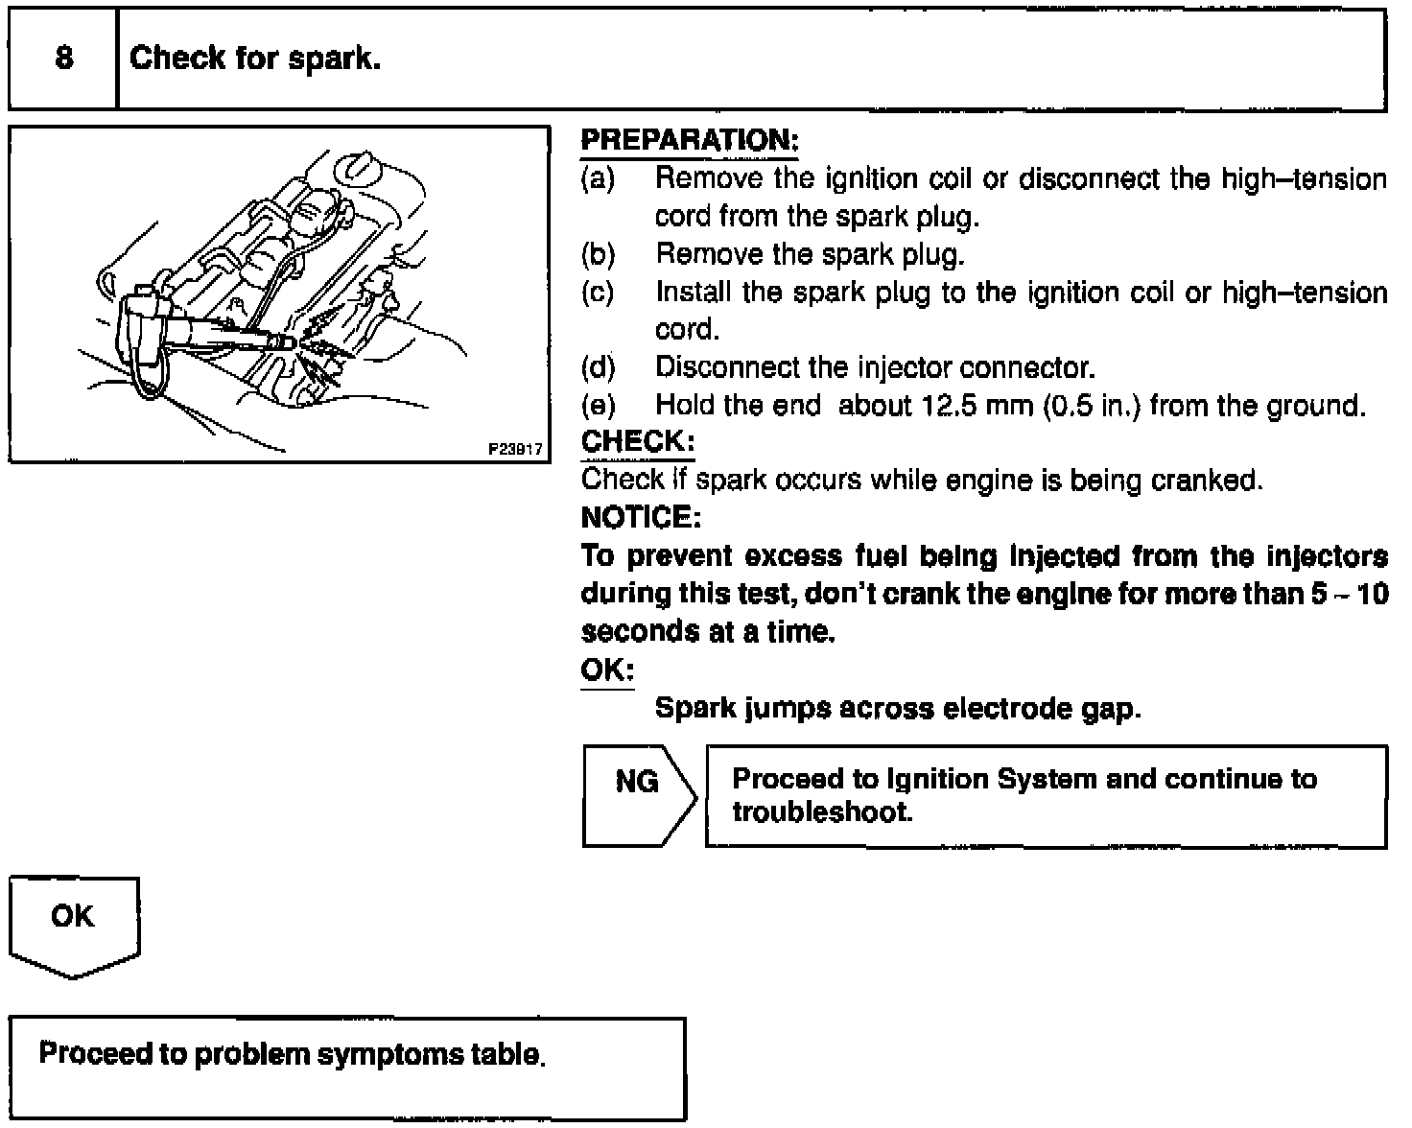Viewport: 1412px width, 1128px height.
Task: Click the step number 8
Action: pos(63,59)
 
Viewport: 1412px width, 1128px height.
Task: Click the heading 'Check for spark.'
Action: pos(255,59)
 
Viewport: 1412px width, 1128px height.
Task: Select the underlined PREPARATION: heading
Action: pos(690,141)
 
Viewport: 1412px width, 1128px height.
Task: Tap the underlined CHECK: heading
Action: pos(637,442)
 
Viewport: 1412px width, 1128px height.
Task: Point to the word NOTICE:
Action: pos(641,518)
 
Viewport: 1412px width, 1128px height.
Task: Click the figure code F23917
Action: pos(516,449)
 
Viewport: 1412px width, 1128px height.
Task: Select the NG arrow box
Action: pos(637,795)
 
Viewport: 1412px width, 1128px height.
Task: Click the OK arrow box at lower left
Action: pos(73,922)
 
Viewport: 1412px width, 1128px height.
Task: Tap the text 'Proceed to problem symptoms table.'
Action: pos(292,1054)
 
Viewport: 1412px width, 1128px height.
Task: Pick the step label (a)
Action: pos(598,178)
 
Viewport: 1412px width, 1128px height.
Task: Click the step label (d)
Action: pos(598,367)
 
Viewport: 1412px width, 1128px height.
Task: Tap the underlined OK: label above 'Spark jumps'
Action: pos(606,670)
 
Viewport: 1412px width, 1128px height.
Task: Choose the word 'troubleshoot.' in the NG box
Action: pos(822,812)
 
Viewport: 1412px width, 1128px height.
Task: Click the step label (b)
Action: pos(598,254)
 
